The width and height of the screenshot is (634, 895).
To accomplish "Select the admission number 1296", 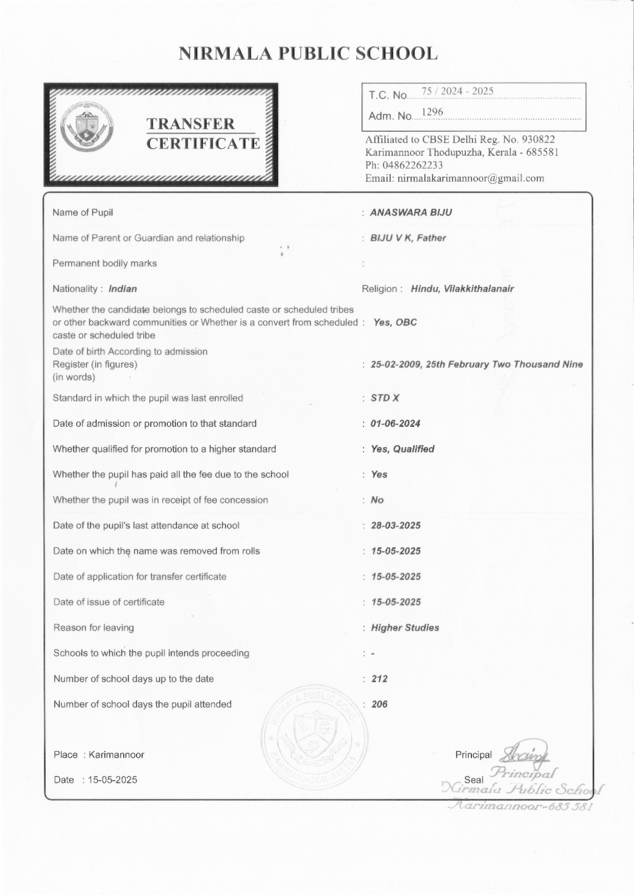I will (x=432, y=112).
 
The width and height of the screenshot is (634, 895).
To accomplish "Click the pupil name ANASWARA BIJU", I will (x=411, y=212).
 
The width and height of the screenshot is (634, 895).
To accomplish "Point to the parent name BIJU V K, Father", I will (x=408, y=238).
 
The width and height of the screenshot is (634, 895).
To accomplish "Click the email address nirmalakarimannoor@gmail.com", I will (x=471, y=178).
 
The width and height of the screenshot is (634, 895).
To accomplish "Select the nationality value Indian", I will (x=123, y=289).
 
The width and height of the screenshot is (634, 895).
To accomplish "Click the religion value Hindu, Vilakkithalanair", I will (x=462, y=289).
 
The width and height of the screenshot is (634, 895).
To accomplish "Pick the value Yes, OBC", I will (x=395, y=323).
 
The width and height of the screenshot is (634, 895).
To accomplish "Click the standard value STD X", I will (x=385, y=398).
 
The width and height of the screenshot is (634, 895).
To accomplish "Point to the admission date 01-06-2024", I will (x=396, y=423).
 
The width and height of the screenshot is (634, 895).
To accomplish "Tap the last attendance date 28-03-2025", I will (x=396, y=525).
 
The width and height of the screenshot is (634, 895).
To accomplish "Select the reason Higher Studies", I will (x=405, y=627).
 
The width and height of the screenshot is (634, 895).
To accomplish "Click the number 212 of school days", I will (x=379, y=679).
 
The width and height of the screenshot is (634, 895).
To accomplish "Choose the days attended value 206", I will (x=379, y=704).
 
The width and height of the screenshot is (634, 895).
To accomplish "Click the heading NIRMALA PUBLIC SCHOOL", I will (x=308, y=53).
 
